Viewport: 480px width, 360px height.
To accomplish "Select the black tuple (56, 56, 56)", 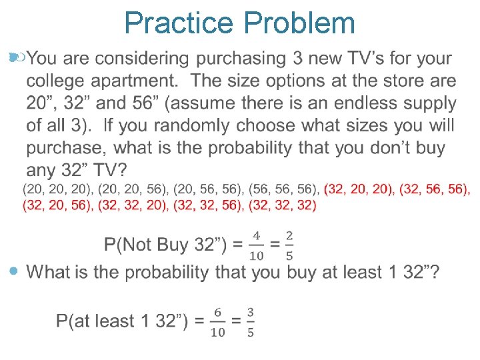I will pos(282,190).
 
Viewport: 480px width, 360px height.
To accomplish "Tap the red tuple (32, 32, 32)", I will pos(282,205).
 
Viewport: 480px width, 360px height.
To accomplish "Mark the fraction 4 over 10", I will pos(256,245).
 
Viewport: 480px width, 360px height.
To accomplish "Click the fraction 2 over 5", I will pos(289,245).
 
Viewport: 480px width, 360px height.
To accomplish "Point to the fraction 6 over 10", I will pos(218,321).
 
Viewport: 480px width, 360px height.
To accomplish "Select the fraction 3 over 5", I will pos(250,321).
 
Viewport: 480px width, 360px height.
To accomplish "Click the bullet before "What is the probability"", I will pos(15,271).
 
